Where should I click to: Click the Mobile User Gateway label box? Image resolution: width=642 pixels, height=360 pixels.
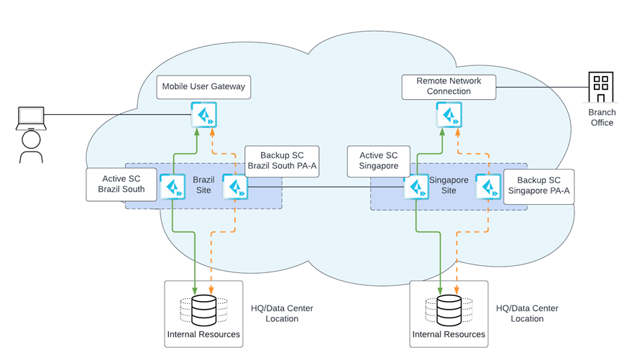[203, 87]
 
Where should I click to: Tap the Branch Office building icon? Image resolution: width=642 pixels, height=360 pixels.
[599, 88]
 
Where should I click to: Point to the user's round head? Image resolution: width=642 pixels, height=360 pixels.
[30, 138]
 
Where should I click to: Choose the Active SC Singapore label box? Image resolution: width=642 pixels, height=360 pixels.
[378, 159]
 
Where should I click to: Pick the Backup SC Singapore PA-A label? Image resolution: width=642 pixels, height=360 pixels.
[538, 187]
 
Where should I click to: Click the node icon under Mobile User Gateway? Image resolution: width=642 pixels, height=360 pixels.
[203, 115]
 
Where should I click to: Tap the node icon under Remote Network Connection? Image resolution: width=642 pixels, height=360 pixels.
[448, 115]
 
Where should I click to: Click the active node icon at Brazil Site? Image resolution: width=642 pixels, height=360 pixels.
[173, 187]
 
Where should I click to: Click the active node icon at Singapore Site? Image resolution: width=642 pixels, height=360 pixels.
[416, 187]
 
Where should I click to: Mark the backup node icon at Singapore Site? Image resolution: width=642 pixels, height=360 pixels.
[489, 187]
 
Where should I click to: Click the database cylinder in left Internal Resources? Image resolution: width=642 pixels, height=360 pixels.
[203, 310]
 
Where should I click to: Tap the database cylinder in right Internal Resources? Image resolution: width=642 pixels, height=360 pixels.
[449, 310]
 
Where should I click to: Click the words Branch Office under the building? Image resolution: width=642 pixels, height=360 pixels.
[602, 118]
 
